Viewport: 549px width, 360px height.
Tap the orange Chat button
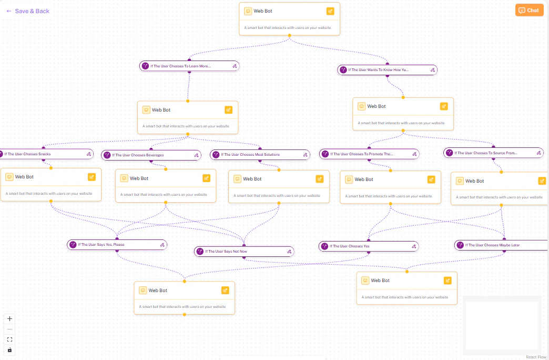pos(529,10)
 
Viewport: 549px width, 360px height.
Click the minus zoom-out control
pos(9,329)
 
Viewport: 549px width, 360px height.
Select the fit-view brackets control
pos(9,339)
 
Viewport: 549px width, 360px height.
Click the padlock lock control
pos(9,350)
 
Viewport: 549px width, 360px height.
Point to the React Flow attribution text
pos(536,357)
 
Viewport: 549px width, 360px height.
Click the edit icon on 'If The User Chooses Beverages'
pos(196,155)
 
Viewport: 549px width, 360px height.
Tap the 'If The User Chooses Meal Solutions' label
pos(250,155)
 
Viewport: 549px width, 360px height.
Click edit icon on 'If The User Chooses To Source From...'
pos(538,153)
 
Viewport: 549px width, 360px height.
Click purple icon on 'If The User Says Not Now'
pos(200,252)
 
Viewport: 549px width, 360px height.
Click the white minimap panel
pos(502,325)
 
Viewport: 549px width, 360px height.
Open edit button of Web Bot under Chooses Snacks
pos(92,177)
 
